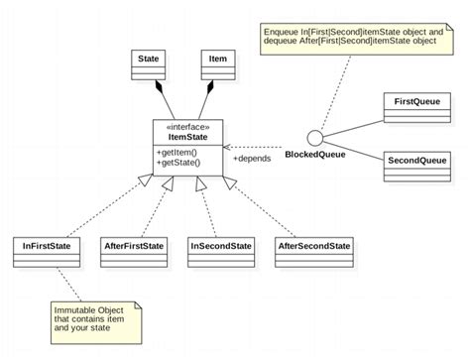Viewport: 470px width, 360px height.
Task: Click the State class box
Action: (150, 65)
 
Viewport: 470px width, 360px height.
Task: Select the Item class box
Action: (217, 65)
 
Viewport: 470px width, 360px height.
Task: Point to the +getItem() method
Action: (177, 151)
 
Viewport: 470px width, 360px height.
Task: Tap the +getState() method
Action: (179, 162)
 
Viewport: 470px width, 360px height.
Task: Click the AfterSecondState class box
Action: (313, 251)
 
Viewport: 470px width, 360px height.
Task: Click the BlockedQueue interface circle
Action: (316, 138)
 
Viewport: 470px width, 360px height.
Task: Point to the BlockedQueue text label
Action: (315, 156)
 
